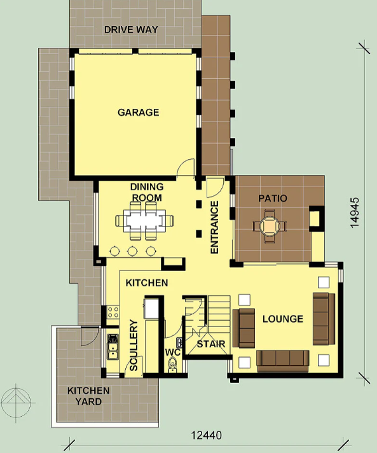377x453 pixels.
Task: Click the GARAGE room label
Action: click(x=138, y=112)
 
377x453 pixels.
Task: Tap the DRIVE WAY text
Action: click(x=131, y=29)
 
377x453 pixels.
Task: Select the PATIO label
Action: click(x=273, y=199)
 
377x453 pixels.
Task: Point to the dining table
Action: click(x=144, y=221)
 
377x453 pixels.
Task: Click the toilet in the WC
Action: click(x=172, y=365)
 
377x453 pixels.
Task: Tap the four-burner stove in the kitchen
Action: click(x=113, y=312)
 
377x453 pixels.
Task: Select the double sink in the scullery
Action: click(x=113, y=347)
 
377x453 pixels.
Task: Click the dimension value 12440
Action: click(x=207, y=435)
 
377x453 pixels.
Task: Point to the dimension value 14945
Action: click(x=355, y=213)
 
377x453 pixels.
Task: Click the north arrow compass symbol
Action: click(x=16, y=403)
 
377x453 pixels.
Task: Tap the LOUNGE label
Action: click(x=283, y=319)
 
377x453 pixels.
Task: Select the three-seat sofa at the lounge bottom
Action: click(x=283, y=361)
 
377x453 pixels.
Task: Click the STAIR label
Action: click(x=211, y=344)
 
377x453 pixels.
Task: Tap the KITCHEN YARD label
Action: click(x=88, y=396)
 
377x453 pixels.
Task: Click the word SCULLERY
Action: click(x=134, y=345)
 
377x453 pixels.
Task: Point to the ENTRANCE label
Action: click(x=214, y=227)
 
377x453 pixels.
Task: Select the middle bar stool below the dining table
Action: click(x=132, y=251)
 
